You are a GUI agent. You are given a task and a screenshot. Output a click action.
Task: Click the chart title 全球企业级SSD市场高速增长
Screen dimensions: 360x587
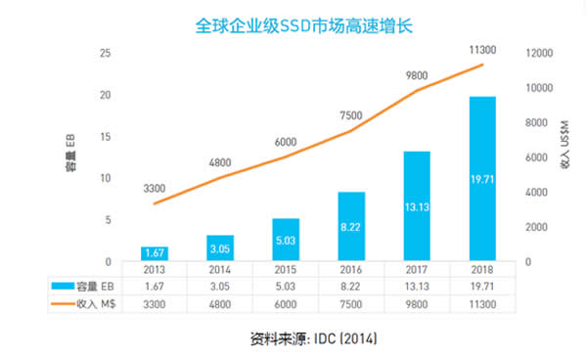tap(293, 24)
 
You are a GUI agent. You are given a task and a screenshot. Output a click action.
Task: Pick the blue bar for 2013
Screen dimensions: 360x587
tap(154, 253)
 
